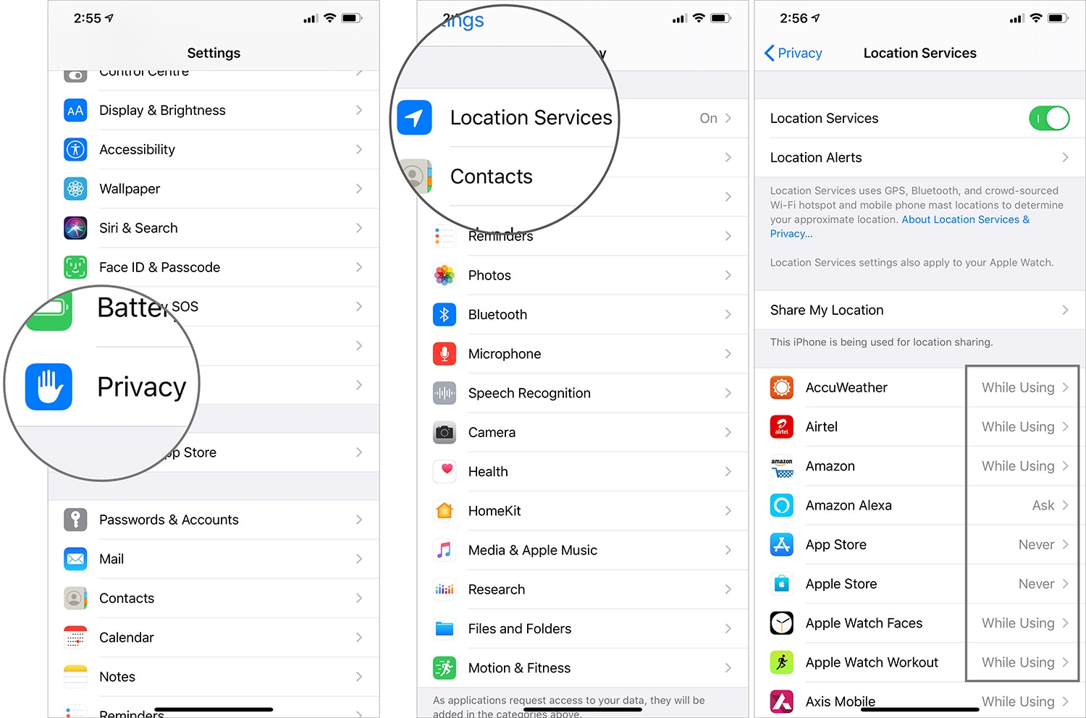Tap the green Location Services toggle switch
[1048, 118]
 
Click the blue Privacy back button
[793, 53]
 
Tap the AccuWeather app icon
[782, 387]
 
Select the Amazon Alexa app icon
[782, 505]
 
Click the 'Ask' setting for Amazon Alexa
[1043, 505]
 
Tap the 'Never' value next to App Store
[1036, 544]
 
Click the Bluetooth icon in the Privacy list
[445, 315]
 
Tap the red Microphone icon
[445, 354]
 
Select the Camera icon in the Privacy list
[445, 432]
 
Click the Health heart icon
[445, 471]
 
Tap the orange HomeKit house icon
[445, 511]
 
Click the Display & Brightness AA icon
[75, 110]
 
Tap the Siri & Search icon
[75, 228]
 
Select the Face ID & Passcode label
[159, 267]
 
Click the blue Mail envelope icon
[75, 559]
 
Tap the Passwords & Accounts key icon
[75, 520]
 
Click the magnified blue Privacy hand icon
[49, 387]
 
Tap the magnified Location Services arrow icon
[414, 118]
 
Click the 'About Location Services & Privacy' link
[964, 220]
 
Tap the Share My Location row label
[827, 310]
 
